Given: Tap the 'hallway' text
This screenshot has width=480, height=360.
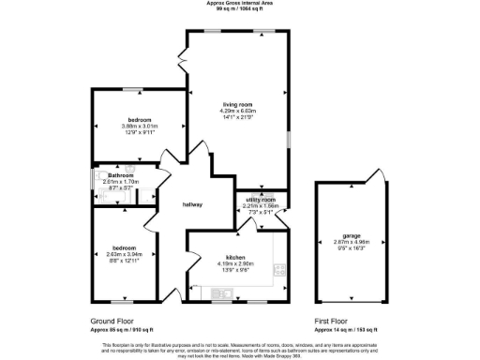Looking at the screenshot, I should coord(192,205).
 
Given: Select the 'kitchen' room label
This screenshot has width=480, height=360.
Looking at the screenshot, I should coord(235,256).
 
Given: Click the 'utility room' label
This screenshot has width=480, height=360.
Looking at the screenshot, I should coord(260,200).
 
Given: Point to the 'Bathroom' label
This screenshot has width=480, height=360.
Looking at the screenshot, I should coord(121,175).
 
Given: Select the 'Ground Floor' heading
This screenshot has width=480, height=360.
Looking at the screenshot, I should coord(102,322).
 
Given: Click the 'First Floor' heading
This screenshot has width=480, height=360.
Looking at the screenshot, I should coord(334,322).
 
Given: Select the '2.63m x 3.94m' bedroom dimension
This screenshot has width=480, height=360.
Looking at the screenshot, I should coord(123,253).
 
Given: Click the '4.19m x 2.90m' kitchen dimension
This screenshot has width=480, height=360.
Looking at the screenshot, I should coord(235,262).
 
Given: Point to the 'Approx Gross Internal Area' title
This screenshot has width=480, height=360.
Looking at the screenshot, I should coord(240,3).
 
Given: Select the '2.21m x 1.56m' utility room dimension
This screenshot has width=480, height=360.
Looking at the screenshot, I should coord(260,206).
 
